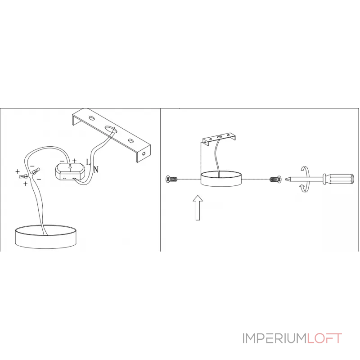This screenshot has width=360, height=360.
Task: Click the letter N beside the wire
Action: (x=95, y=170)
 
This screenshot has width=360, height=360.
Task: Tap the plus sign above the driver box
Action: (x=74, y=161)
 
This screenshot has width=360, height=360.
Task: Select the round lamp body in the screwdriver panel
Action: (x=221, y=180)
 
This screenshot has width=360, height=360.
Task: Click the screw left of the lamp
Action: (x=171, y=180)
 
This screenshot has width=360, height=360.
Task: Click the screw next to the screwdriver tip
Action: (x=274, y=180)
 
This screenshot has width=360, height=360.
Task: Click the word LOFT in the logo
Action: (x=324, y=338)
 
